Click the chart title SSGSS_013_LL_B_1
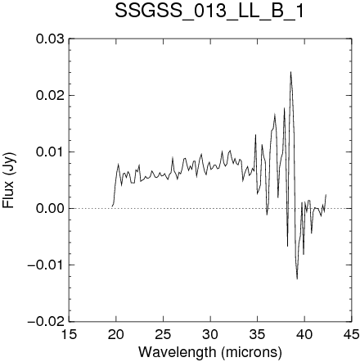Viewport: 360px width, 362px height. (209, 11)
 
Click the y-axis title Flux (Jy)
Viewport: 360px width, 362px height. (8, 180)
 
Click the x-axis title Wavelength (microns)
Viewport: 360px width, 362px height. (210, 352)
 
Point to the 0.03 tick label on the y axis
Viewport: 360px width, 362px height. (50, 39)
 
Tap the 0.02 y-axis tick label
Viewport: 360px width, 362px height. (50, 96)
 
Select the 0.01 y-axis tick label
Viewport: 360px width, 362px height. (50, 152)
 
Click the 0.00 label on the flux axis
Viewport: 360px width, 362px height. (50, 208)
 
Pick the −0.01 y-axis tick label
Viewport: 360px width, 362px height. (46, 265)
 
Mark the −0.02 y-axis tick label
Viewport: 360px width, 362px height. (46, 321)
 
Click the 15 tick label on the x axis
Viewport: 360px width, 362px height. (69, 334)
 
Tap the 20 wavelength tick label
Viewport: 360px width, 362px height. (116, 334)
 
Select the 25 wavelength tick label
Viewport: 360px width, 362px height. (163, 334)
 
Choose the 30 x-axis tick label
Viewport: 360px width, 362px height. (210, 334)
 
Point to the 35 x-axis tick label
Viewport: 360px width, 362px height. (257, 334)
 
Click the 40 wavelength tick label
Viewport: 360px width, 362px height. (304, 334)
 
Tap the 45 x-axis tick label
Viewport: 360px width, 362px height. (351, 334)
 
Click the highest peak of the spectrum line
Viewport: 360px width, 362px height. (290, 72)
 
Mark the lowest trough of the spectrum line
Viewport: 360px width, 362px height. (297, 279)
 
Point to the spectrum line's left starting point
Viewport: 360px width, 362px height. (112, 206)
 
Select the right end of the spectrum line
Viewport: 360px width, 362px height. (326, 194)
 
